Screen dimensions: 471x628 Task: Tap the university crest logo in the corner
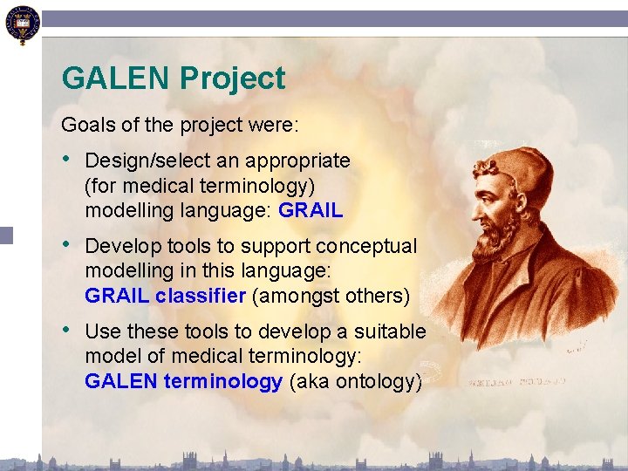(21, 24)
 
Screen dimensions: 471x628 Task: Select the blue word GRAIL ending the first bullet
(311, 210)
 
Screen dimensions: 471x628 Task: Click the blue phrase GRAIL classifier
(165, 296)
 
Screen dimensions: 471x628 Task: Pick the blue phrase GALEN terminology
(183, 381)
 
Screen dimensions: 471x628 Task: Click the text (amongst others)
(331, 296)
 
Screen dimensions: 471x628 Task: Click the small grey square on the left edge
(6, 234)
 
